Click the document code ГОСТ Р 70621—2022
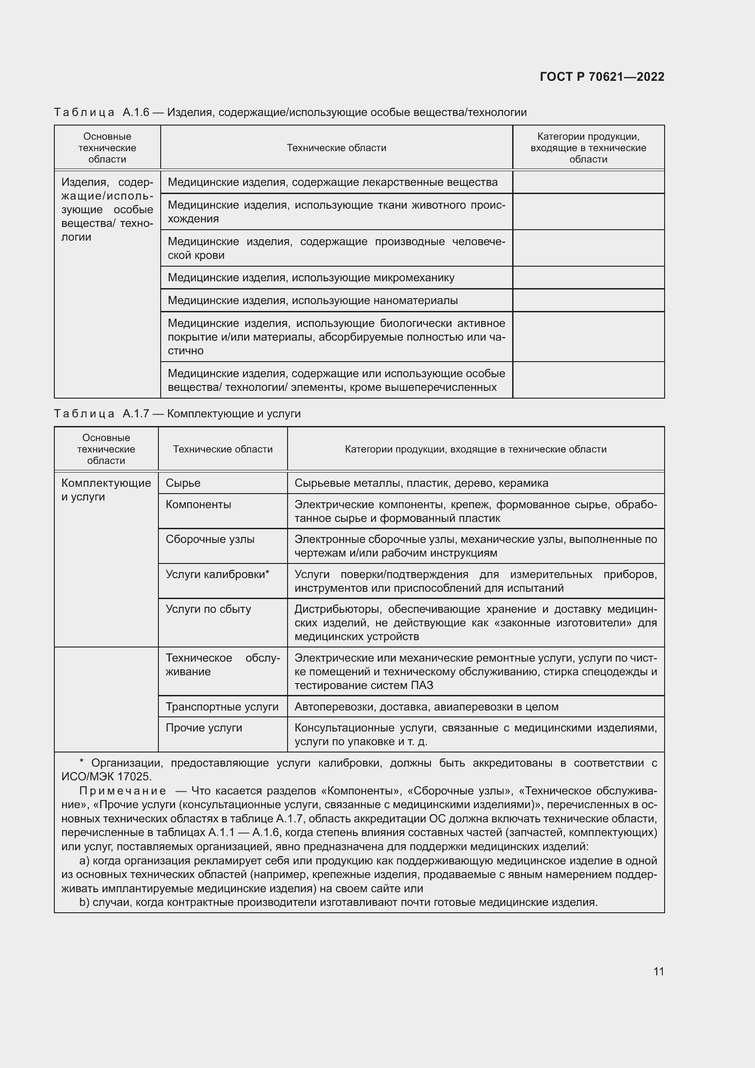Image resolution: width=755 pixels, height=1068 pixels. click(602, 77)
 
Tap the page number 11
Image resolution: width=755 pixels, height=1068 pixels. click(658, 971)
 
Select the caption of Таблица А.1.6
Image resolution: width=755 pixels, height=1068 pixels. click(290, 112)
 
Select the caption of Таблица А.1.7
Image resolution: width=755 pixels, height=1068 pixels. click(177, 414)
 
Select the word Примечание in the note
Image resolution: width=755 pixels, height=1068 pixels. click(123, 791)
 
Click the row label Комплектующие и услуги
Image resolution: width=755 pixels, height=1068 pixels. click(106, 490)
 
